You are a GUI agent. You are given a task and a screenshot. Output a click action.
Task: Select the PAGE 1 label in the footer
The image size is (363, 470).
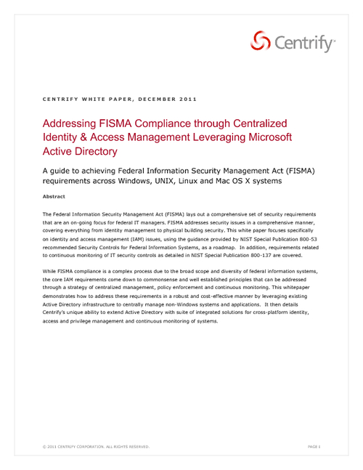[x=314, y=445]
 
